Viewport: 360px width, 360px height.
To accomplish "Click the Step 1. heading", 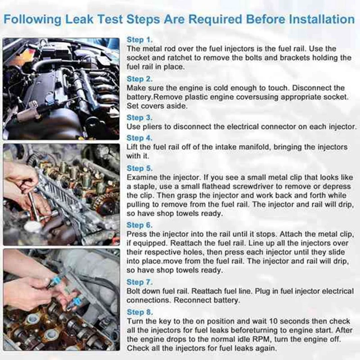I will pyautogui.click(x=139, y=40).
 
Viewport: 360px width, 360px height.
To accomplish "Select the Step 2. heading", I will pyautogui.click(x=140, y=79).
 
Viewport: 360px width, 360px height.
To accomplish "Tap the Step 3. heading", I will pyautogui.click(x=140, y=118).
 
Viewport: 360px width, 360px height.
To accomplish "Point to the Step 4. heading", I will pyautogui.click(x=140, y=138).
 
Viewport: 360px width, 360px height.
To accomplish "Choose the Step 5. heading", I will pyautogui.click(x=140, y=168).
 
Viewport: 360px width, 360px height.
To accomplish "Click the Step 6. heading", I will pyautogui.click(x=140, y=225).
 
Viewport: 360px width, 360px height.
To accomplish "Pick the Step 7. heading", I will pyautogui.click(x=140, y=282).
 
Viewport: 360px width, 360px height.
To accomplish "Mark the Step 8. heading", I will pyautogui.click(x=140, y=312).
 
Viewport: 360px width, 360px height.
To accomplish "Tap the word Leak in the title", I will pyautogui.click(x=94, y=20).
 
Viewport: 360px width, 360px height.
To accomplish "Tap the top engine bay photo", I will pyautogui.click(x=61, y=89).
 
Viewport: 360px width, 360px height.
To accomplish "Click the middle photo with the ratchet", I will pyautogui.click(x=61, y=194).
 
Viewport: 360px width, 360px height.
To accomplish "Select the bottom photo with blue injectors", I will pyautogui.click(x=61, y=300).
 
